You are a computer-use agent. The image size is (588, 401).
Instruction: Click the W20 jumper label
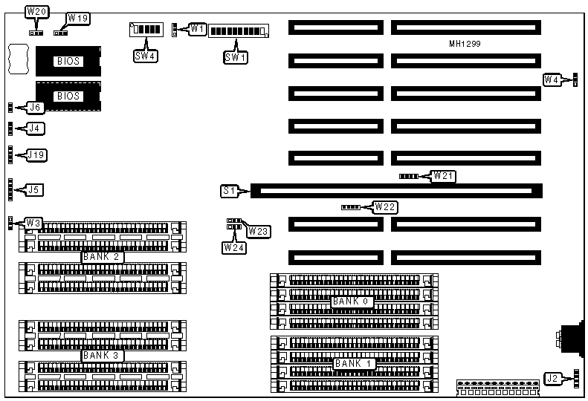click(36, 12)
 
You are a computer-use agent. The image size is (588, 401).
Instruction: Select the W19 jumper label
click(77, 17)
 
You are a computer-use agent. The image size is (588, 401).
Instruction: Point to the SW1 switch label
click(235, 56)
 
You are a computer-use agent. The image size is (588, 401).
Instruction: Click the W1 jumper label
click(196, 29)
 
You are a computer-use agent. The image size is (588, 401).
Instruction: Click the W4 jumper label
click(552, 79)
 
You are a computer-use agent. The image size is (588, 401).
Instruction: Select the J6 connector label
click(34, 108)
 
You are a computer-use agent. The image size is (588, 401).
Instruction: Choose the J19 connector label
click(36, 155)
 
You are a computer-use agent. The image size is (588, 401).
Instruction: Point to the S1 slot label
click(230, 191)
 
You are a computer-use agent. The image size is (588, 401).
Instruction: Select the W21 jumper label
click(445, 176)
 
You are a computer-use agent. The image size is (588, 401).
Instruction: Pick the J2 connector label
click(552, 379)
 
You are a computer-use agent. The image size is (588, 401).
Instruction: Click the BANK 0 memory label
click(351, 301)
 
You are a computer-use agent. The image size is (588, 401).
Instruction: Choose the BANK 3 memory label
click(101, 355)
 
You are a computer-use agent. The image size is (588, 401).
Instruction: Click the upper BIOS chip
click(68, 61)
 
